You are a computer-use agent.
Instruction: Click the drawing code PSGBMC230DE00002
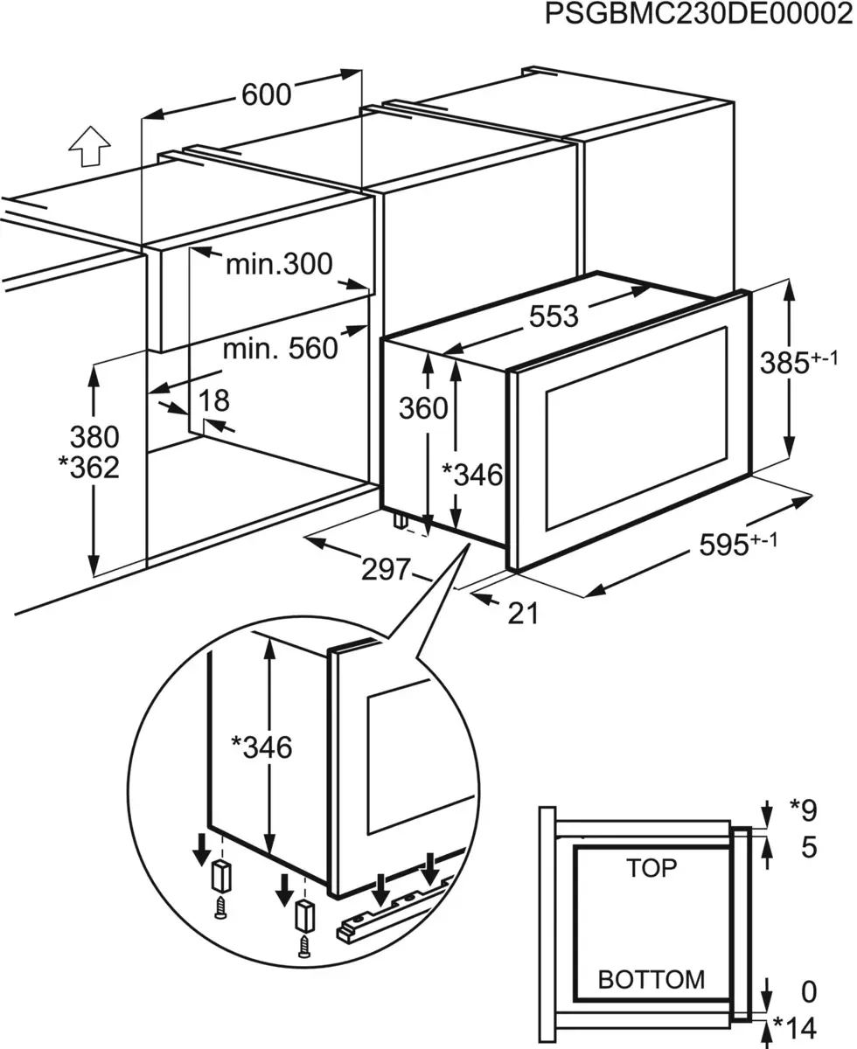(698, 16)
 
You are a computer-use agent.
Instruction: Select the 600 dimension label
(266, 94)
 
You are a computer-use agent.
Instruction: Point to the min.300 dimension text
(279, 263)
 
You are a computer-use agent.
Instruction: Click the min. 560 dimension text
(279, 348)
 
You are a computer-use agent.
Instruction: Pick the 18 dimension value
(214, 400)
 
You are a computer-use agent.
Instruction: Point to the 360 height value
(423, 408)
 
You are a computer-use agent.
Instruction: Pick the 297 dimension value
(385, 570)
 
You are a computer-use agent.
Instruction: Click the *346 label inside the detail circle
(261, 747)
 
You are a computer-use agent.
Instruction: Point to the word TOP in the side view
(651, 868)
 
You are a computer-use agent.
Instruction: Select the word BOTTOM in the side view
(651, 979)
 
